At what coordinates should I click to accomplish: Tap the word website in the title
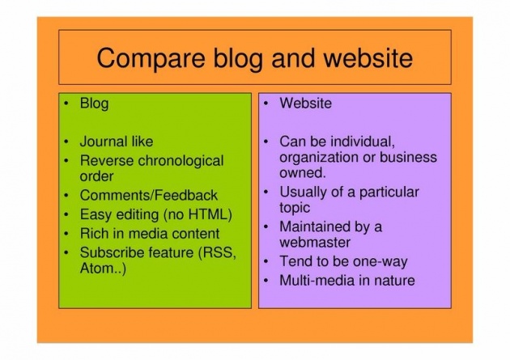(x=368, y=57)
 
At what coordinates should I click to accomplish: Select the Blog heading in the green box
(x=95, y=104)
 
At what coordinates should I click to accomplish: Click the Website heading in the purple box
(x=306, y=104)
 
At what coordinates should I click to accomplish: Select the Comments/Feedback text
(x=149, y=195)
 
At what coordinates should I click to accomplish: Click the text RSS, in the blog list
(x=217, y=252)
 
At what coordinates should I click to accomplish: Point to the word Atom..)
(x=103, y=269)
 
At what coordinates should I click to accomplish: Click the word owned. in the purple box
(x=303, y=172)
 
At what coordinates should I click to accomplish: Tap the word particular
(x=389, y=193)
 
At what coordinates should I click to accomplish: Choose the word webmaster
(x=315, y=243)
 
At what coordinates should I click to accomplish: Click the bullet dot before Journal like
(x=66, y=142)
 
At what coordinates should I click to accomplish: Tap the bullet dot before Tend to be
(x=266, y=261)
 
